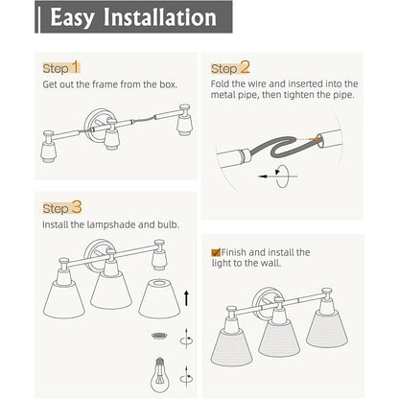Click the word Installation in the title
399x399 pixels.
pos(160,17)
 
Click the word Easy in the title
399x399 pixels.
pos(72,18)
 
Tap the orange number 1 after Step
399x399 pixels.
pos(75,67)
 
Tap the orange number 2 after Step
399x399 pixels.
pos(245,67)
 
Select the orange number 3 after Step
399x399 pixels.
pos(77,207)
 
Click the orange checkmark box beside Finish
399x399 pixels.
pos(216,252)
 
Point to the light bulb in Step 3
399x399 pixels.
pos(160,375)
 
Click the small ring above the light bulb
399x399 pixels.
pos(159,336)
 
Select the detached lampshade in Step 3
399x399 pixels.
pos(159,299)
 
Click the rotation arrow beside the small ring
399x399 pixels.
pos(186,340)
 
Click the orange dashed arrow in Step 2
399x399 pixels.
pos(308,139)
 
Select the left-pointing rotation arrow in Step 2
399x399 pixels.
pos(277,176)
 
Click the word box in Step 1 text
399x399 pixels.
pos(168,84)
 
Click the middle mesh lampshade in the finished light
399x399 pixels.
pos(279,339)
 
